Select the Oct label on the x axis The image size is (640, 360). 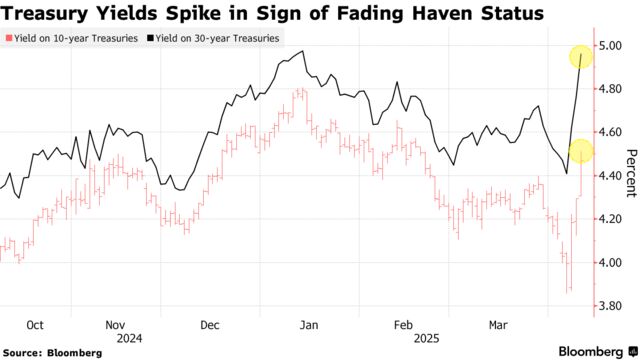[x=35, y=325]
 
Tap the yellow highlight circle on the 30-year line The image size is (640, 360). [x=581, y=57]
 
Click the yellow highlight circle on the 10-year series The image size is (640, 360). [x=581, y=152]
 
